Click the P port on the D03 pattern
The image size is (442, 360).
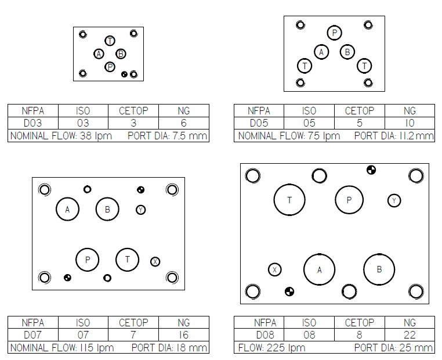click(110, 67)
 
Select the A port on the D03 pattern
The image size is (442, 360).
click(99, 54)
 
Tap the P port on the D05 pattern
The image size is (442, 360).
click(335, 33)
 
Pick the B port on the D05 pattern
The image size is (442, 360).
click(347, 52)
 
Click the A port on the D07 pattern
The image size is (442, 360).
click(67, 209)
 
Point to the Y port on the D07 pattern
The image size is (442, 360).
click(141, 210)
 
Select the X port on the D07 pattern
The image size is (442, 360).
click(155, 262)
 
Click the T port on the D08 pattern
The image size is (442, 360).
click(289, 200)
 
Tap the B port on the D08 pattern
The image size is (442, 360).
click(379, 269)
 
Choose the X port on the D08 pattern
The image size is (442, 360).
click(275, 269)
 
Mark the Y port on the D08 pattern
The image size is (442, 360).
click(394, 201)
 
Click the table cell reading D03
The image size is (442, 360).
click(32, 123)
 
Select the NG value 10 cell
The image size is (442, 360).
click(410, 123)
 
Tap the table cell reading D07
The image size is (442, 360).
click(32, 335)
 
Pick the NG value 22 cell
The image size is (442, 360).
click(410, 335)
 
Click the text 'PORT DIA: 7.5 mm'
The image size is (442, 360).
click(167, 136)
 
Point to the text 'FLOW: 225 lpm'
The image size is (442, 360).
click(271, 348)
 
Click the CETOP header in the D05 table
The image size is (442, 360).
click(360, 110)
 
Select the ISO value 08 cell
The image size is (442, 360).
click(309, 335)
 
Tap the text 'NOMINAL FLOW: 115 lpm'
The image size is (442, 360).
click(62, 348)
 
